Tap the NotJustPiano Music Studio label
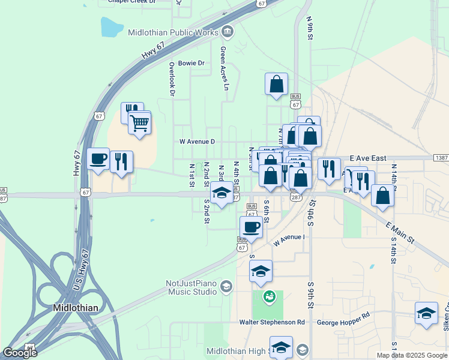[191, 287]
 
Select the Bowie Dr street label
[191, 63]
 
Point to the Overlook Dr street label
[172, 79]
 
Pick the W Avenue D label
[197, 142]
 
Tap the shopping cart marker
[139, 124]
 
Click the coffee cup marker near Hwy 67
[98, 160]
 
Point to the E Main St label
[400, 232]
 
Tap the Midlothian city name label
[76, 307]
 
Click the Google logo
[20, 352]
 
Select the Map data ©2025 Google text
[412, 355]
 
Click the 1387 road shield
[441, 158]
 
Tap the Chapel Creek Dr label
[131, 2]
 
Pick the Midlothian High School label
[238, 351]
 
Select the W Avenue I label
[289, 240]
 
